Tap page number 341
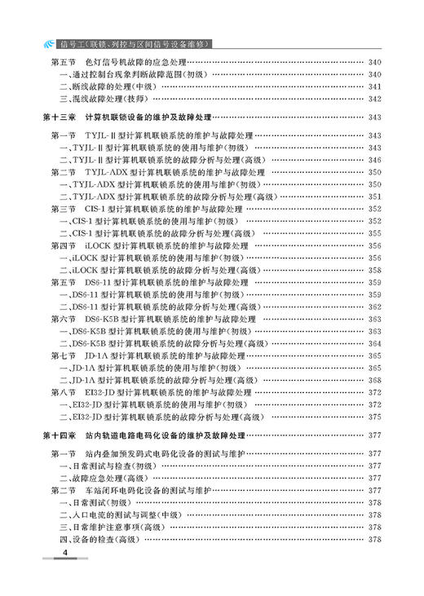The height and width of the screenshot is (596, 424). (x=375, y=86)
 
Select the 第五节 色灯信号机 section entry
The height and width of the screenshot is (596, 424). (x=135, y=63)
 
